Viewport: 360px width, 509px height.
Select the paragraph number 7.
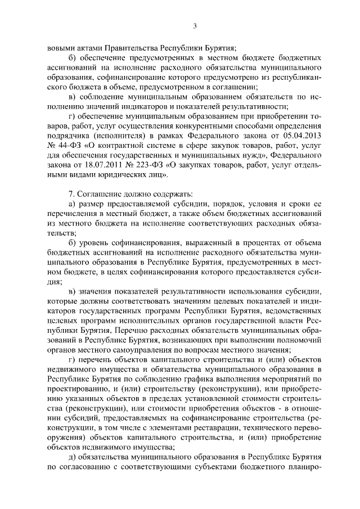point(70,194)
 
